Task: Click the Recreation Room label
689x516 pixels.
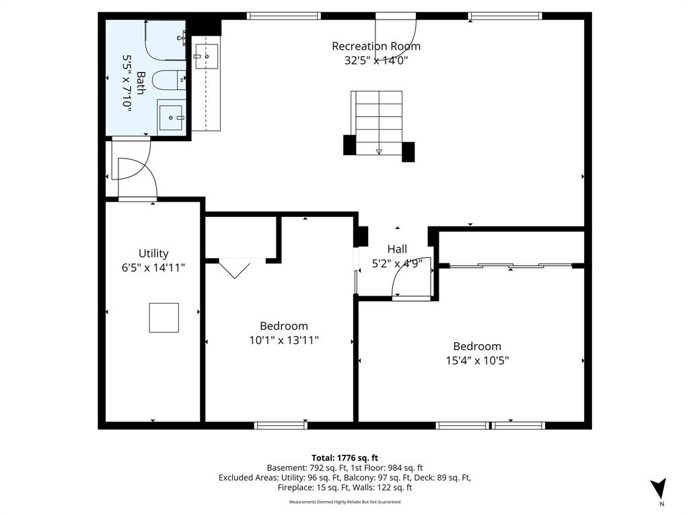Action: [376, 46]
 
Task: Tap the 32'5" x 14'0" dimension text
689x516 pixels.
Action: [376, 60]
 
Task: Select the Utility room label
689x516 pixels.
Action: [153, 253]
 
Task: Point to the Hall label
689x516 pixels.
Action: [397, 249]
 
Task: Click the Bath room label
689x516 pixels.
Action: [141, 83]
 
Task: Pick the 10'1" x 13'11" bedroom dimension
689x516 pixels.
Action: [284, 340]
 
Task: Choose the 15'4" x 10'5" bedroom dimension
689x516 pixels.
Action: [477, 360]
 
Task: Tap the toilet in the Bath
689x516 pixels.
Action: [169, 80]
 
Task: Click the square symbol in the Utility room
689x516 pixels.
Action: [164, 318]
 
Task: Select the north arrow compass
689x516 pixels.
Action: [659, 489]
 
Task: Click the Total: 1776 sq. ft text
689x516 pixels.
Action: [345, 458]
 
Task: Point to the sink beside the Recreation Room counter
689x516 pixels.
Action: [207, 56]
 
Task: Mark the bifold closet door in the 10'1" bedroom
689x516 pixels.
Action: [235, 269]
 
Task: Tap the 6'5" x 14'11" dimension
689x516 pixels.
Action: [153, 267]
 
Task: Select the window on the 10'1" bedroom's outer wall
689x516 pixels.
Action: [281, 425]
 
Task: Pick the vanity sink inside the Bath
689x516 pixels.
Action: [172, 118]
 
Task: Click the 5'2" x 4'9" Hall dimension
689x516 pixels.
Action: [397, 263]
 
